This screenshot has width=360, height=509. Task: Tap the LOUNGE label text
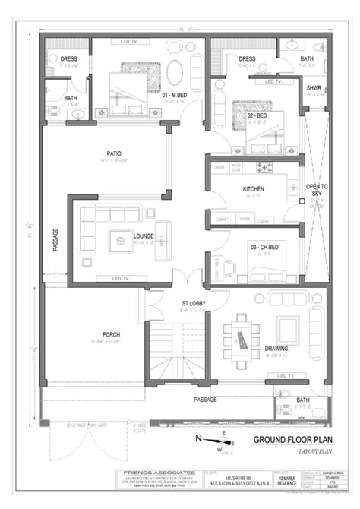click(143, 236)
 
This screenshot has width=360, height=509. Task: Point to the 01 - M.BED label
click(176, 95)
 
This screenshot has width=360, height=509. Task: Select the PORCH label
click(111, 334)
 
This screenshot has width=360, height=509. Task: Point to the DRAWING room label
click(276, 348)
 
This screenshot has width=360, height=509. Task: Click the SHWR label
click(314, 89)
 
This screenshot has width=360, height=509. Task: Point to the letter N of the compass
click(199, 438)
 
